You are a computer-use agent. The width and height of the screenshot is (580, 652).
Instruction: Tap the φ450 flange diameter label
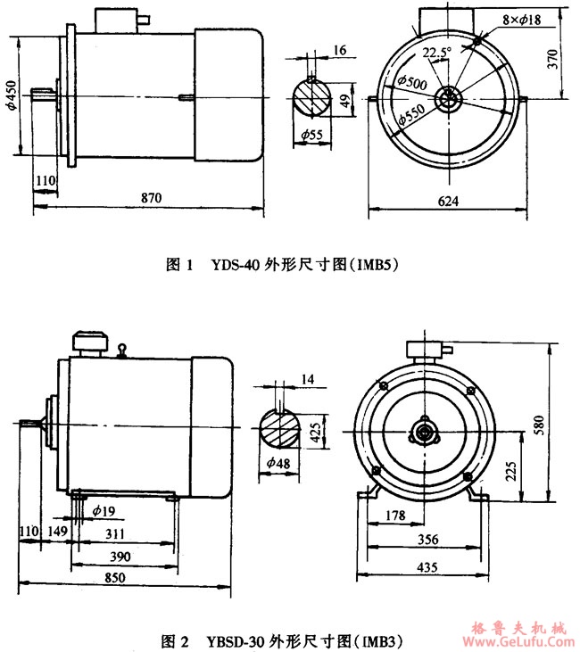tap(11, 92)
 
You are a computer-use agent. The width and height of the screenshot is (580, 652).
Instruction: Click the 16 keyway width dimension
tap(339, 52)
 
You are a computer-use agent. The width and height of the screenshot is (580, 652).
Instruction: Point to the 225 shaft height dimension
tap(534, 470)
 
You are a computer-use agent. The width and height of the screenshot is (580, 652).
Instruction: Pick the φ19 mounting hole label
tap(102, 511)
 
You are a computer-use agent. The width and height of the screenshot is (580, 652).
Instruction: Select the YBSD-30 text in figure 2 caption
tap(233, 641)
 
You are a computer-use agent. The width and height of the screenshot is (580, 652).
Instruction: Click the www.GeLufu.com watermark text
tap(518, 641)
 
